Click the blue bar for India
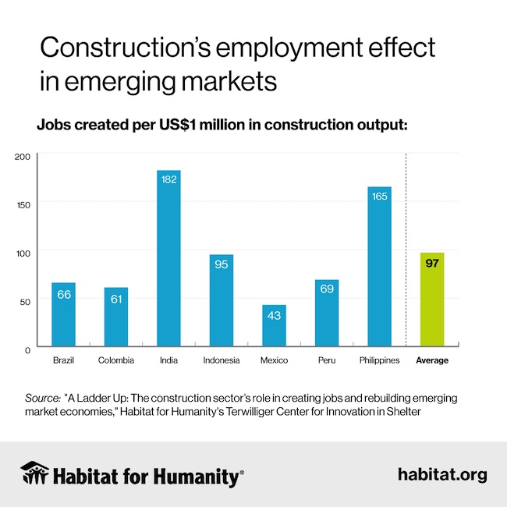point(168,257)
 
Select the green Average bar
point(432,300)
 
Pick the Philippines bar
point(379,266)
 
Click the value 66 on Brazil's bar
point(64,294)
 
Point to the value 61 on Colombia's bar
point(116,299)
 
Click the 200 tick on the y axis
point(22,156)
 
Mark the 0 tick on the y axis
point(27,349)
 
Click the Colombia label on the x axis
point(116,360)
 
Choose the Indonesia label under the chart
point(222,360)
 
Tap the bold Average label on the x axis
point(432,360)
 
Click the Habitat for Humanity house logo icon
point(36,473)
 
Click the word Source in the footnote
point(43,398)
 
